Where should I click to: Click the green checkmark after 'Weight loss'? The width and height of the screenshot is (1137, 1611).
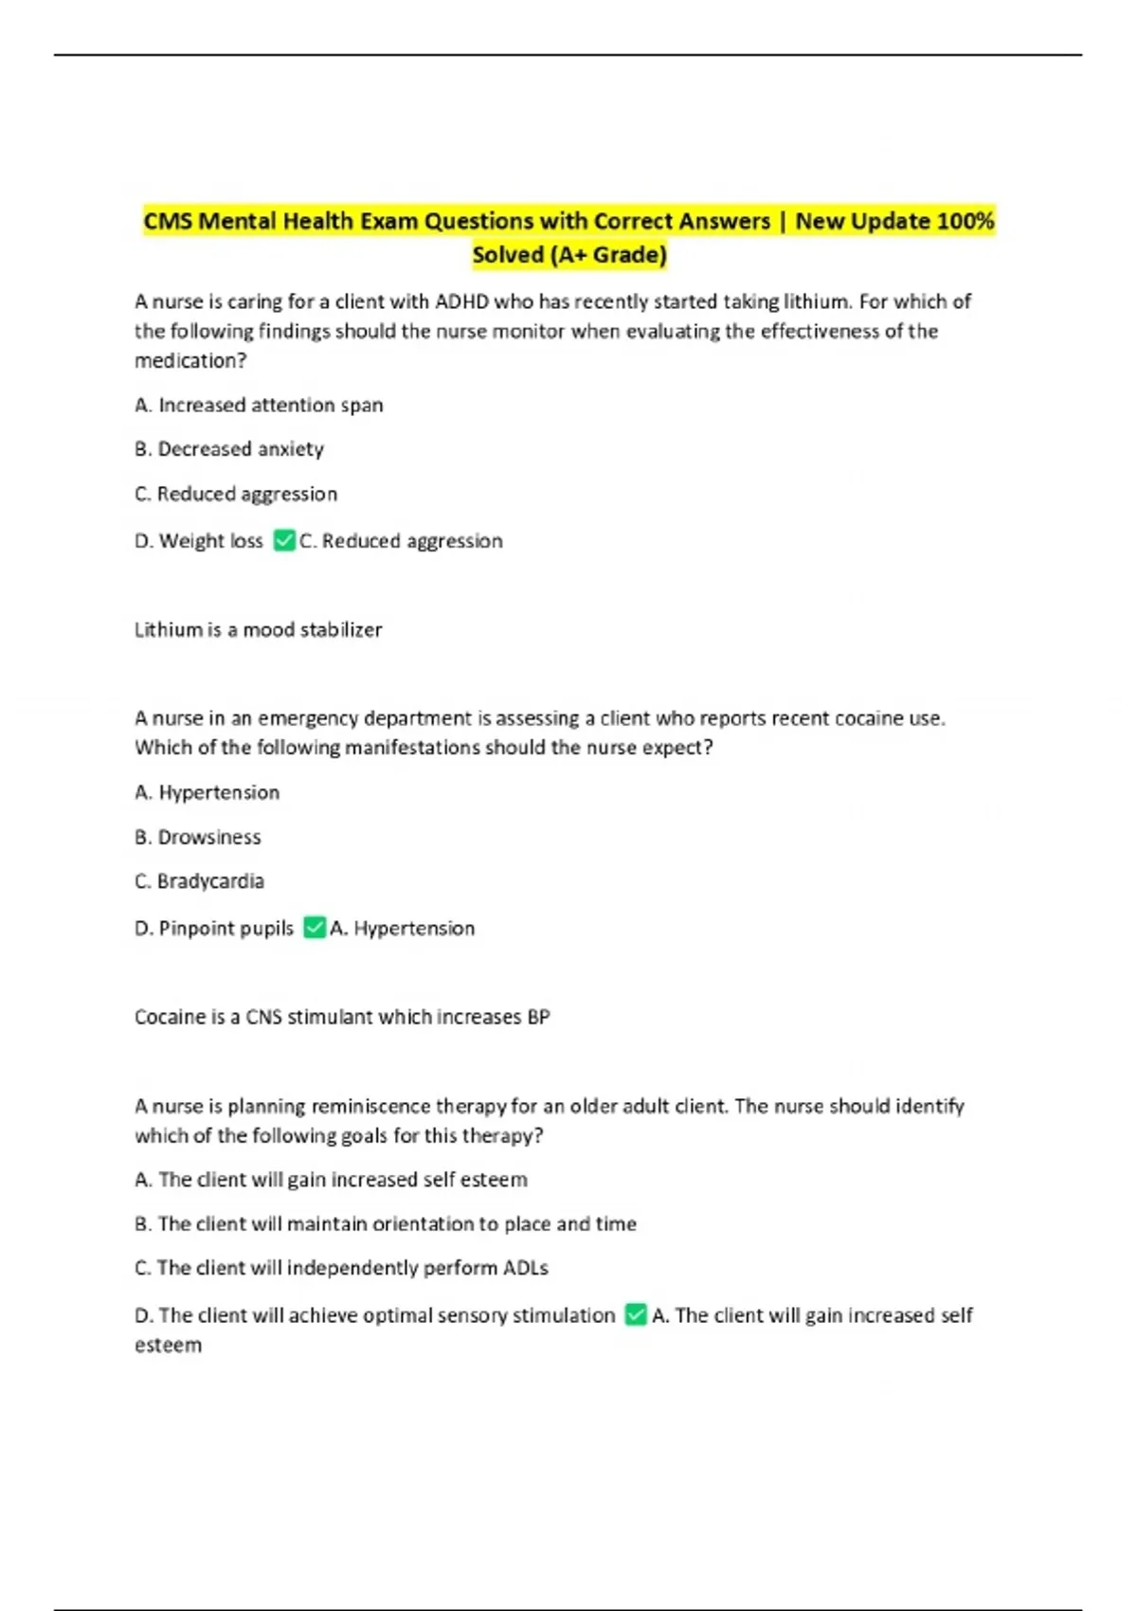click(x=283, y=541)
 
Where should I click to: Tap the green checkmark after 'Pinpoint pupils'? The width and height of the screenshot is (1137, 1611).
click(x=315, y=928)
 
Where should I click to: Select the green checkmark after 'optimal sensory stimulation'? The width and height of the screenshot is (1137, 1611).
click(x=636, y=1314)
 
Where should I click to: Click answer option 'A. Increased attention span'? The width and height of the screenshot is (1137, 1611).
click(x=259, y=406)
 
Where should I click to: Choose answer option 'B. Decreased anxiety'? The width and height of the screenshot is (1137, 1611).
click(x=229, y=449)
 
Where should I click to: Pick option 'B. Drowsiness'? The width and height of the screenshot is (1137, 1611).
click(x=198, y=837)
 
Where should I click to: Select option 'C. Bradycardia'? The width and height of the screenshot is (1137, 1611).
click(x=200, y=881)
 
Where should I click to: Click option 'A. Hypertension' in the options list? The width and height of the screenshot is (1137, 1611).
click(x=208, y=792)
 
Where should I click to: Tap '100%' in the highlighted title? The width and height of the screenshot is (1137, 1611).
click(x=965, y=222)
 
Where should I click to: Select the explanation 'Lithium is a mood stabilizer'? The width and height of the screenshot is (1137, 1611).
click(x=258, y=630)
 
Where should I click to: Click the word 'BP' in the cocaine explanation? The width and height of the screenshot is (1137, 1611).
click(x=538, y=1017)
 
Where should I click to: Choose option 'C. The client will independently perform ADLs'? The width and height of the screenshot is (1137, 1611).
click(x=342, y=1268)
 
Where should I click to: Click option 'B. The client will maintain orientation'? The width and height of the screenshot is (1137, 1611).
click(x=386, y=1223)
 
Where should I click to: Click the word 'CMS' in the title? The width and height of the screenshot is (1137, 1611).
click(x=168, y=222)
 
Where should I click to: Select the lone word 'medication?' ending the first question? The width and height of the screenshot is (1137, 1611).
click(x=190, y=361)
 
